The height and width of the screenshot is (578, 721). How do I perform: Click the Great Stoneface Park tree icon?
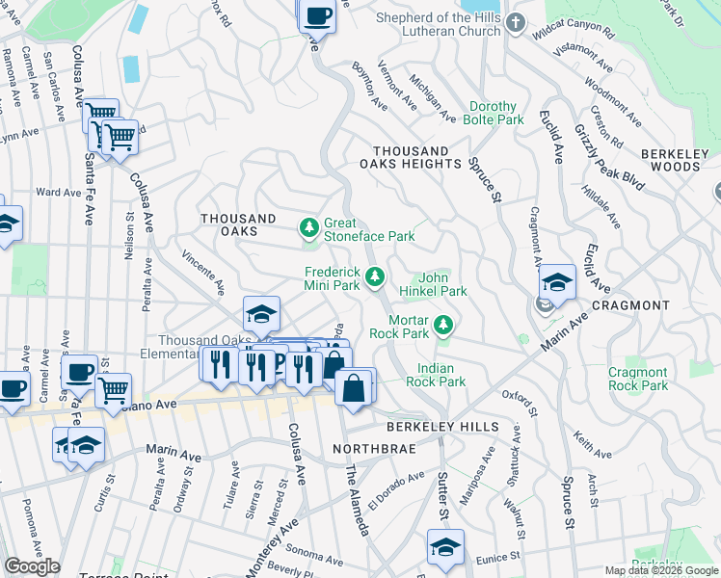[309, 228]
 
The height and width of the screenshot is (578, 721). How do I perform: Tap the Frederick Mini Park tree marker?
[375, 278]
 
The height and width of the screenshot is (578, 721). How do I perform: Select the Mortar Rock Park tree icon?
[443, 326]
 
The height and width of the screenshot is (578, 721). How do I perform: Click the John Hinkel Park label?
[441, 284]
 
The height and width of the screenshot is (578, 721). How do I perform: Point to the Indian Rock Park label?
[441, 375]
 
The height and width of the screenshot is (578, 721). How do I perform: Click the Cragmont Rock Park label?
[638, 379]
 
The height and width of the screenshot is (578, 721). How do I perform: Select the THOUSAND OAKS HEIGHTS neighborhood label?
[416, 158]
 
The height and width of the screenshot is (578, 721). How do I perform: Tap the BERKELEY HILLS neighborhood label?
[442, 427]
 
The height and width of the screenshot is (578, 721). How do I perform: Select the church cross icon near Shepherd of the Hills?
[517, 22]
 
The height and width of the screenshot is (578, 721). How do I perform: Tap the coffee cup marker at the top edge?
[317, 14]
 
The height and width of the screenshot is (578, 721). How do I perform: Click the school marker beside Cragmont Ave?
[557, 281]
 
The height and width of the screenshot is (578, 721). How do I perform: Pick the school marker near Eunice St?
[446, 546]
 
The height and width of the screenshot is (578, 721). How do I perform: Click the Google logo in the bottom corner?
[32, 565]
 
